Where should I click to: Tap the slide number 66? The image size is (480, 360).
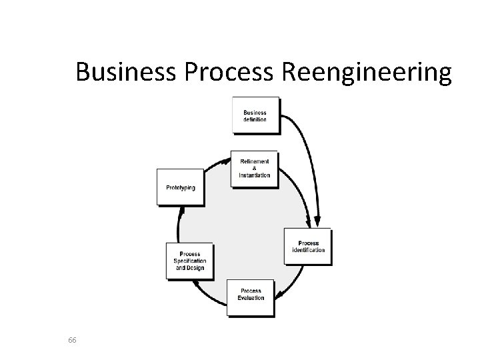[73, 341]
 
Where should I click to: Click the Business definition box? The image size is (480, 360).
[255, 115]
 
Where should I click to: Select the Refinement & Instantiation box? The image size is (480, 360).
[254, 168]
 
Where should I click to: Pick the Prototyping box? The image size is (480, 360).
[180, 187]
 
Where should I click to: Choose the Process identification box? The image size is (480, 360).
[307, 247]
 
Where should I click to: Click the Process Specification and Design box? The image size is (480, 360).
[189, 261]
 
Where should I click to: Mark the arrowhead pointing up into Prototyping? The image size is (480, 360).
[181, 211]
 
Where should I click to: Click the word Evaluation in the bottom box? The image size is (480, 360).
[251, 297]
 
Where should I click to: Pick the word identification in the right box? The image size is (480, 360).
[309, 250]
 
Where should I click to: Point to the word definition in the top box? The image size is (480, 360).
[255, 119]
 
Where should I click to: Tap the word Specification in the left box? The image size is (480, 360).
[190, 261]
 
